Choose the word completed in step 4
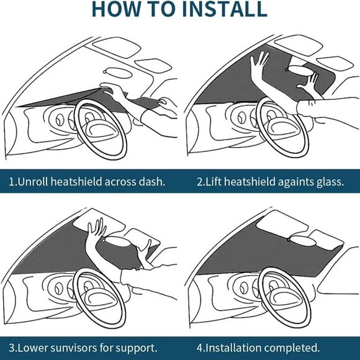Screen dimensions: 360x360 pos(294,347)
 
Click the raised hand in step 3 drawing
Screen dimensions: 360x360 pos(96,233)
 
